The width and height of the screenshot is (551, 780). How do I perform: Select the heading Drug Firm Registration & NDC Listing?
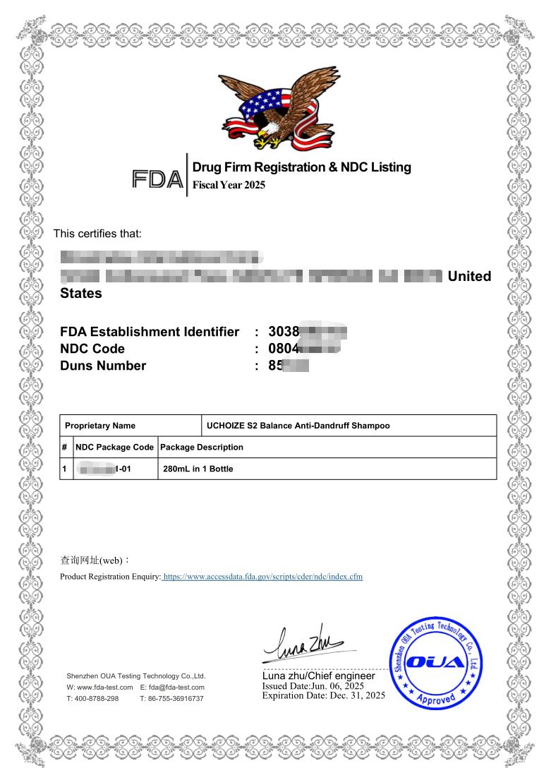coord(301,167)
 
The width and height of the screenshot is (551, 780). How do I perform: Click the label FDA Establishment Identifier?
coord(150,332)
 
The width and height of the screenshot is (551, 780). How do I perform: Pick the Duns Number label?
coord(103,366)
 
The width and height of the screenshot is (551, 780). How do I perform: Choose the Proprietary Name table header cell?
coord(100,426)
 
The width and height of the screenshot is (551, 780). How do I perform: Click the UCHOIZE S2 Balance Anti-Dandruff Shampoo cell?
coord(298,426)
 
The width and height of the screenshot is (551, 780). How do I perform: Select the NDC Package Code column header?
coord(115,447)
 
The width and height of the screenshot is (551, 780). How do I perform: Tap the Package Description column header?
coord(202,447)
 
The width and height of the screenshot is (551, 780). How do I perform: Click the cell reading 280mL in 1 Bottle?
coord(198,469)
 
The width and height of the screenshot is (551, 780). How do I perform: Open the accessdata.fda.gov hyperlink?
coord(262,577)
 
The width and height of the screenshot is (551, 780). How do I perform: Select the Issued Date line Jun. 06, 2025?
coord(313,686)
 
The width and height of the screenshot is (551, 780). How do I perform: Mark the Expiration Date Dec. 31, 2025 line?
coord(324,695)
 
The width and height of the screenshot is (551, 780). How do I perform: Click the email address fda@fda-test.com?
coord(172,687)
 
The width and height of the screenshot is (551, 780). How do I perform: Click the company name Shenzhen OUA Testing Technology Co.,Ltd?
coord(135,676)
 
